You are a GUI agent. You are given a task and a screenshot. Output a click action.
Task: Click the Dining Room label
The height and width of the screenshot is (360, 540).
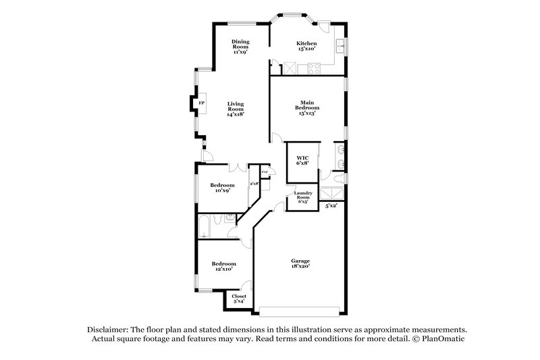tap(240, 45)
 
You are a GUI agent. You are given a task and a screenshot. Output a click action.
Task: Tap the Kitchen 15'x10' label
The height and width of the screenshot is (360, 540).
tap(306, 46)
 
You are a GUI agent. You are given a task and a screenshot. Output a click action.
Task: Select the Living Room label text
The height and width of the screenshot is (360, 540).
tap(235, 109)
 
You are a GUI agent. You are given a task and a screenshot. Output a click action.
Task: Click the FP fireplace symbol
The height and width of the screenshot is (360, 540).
tap(201, 103)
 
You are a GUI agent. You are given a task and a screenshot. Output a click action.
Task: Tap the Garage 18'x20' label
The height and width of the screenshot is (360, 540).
tap(300, 263)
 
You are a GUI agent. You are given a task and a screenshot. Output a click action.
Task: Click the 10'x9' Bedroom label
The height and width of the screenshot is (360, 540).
tap(222, 188)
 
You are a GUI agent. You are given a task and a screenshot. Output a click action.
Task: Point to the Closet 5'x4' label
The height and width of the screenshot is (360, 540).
tap(239, 299)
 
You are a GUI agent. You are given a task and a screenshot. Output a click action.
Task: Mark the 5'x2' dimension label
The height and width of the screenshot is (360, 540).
tap(331, 206)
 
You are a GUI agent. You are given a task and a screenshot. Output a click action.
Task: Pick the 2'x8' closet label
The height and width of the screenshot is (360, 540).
tap(254, 184)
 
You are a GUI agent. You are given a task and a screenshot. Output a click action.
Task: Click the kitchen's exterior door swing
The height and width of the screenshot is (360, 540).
tap(325, 28)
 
